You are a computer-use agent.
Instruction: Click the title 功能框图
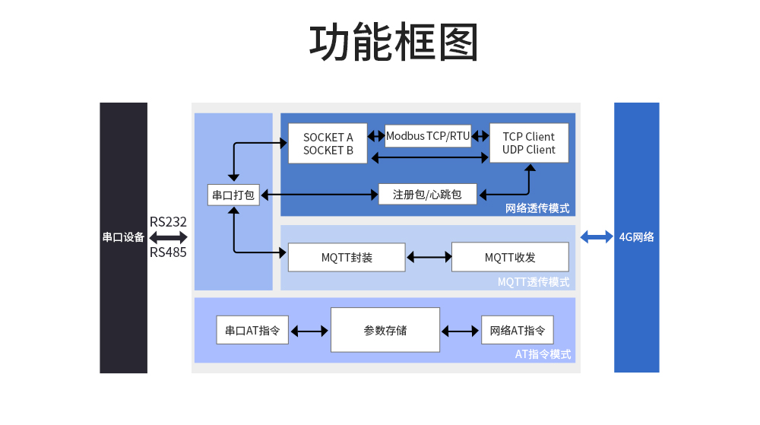click(x=394, y=43)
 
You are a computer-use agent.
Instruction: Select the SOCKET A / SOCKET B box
click(x=328, y=144)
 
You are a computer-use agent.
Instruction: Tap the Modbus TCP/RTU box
click(x=428, y=136)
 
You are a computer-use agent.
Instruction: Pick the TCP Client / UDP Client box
click(x=529, y=143)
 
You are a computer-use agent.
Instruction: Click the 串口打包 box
click(x=233, y=195)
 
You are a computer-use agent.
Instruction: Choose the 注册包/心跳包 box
click(x=427, y=195)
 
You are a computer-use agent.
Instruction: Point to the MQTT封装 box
click(x=347, y=257)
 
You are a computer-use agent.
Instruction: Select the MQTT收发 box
click(x=510, y=257)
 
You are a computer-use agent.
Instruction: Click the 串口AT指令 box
click(x=252, y=331)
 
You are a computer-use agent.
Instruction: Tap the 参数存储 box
click(x=385, y=330)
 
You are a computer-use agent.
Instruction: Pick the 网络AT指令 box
click(x=518, y=331)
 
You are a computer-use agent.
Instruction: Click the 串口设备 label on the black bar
click(x=123, y=237)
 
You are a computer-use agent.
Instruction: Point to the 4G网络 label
click(x=637, y=236)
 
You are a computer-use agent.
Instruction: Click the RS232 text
click(x=168, y=222)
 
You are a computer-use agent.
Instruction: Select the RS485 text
click(x=168, y=252)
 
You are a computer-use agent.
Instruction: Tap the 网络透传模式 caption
click(x=537, y=208)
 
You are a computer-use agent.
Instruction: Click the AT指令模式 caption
click(x=543, y=354)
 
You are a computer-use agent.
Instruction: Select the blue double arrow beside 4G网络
click(x=597, y=236)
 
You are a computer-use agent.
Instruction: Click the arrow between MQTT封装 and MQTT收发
click(x=429, y=257)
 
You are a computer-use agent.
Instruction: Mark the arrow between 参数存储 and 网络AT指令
click(x=461, y=331)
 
